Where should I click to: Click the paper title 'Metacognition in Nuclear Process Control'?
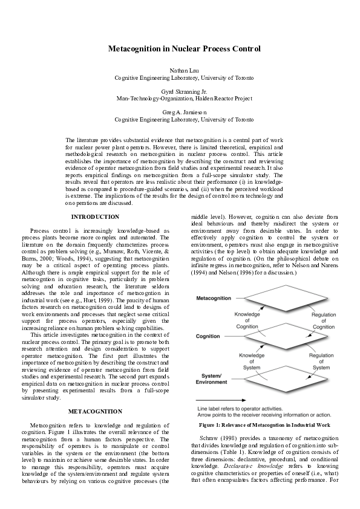point(184,48)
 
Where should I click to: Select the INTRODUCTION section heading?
point(95,216)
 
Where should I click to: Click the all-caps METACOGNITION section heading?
point(95,411)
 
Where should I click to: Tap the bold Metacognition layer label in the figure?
point(214,299)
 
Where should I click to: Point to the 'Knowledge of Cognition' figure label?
point(247,320)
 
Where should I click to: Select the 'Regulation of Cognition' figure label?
point(323,320)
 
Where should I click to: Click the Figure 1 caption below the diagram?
point(264,425)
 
